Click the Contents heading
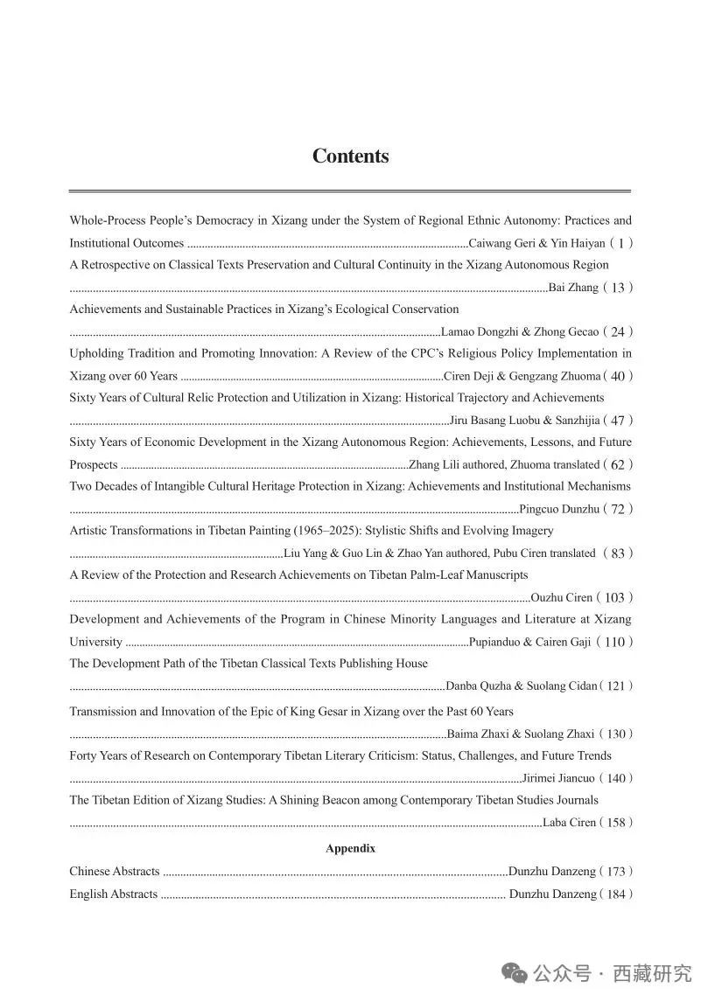click(x=350, y=157)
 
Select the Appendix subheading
click(x=350, y=848)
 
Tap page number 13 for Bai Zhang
click(x=618, y=288)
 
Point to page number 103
click(x=614, y=598)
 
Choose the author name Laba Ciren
click(x=569, y=823)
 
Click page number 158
click(x=616, y=823)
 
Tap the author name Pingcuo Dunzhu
click(x=559, y=509)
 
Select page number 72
click(x=618, y=509)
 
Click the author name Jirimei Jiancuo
click(x=558, y=778)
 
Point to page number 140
click(x=616, y=778)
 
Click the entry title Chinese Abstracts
click(x=115, y=872)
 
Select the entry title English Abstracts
click(x=114, y=894)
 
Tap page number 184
click(x=616, y=894)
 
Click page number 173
click(x=616, y=872)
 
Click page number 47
click(x=618, y=421)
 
